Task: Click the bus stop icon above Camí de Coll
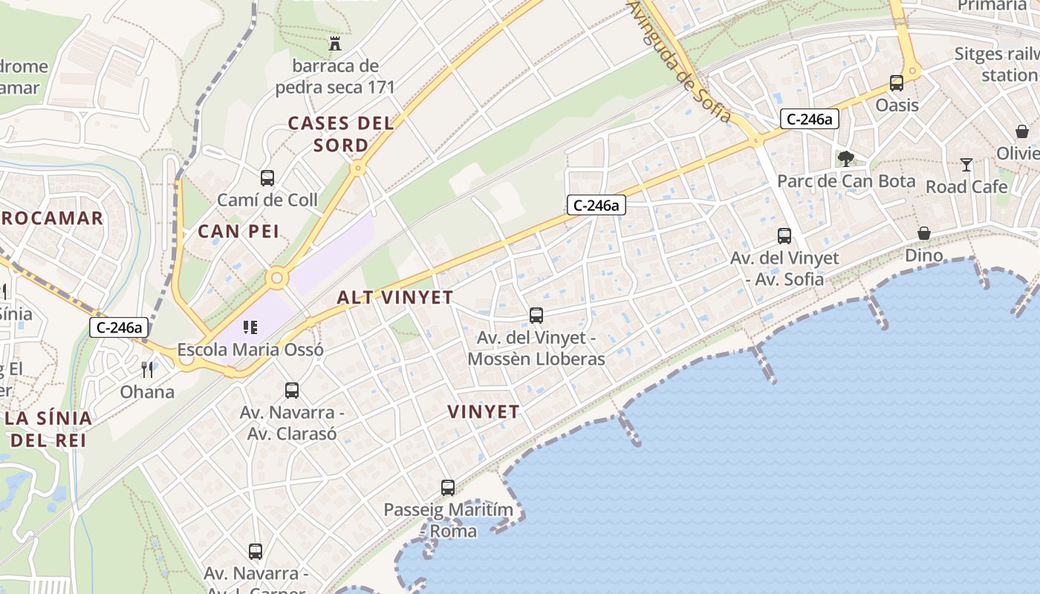[267, 178]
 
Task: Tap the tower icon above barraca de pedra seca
[335, 44]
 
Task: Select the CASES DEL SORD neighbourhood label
[340, 134]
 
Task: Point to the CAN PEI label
[238, 232]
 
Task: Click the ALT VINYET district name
[395, 298]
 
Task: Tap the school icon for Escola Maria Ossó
[250, 327]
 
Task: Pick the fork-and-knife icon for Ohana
[147, 369]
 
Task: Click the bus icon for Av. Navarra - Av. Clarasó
[292, 390]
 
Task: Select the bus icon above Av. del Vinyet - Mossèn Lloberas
[536, 316]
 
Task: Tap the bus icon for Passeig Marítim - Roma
[448, 488]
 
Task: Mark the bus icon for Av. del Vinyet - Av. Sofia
[784, 236]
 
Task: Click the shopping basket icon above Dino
[924, 233]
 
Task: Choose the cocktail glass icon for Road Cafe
[966, 164]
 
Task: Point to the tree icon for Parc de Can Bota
[845, 158]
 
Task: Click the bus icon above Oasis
[897, 82]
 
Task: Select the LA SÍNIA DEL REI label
[49, 428]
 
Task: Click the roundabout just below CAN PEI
[277, 278]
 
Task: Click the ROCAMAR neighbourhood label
[52, 218]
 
